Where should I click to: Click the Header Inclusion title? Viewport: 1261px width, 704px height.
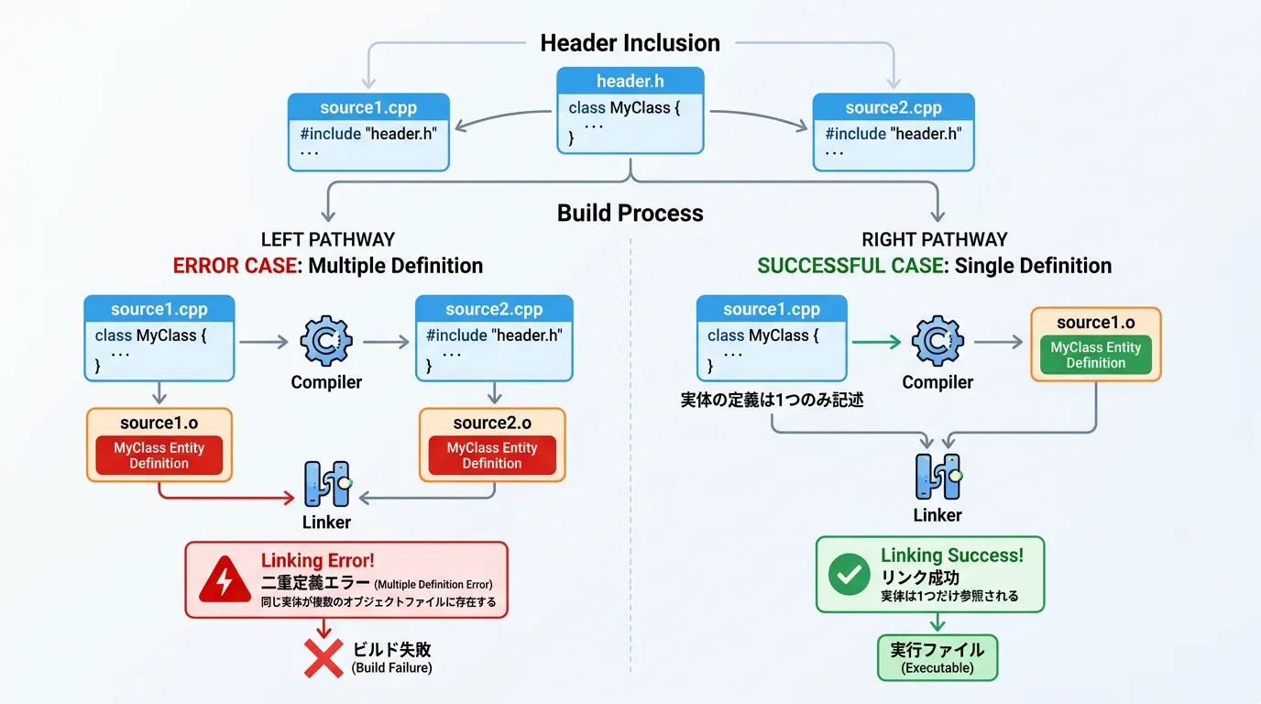click(630, 43)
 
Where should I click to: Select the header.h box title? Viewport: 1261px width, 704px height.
click(630, 82)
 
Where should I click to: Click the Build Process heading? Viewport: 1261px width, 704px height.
click(630, 214)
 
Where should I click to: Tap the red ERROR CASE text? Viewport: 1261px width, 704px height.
click(236, 266)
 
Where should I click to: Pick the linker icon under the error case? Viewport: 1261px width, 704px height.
click(327, 484)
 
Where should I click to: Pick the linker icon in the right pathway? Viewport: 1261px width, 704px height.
click(938, 476)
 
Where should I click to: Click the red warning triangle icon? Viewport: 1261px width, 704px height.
click(223, 579)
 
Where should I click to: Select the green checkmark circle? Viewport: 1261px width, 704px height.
click(849, 575)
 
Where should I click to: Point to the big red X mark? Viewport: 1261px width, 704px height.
click(323, 656)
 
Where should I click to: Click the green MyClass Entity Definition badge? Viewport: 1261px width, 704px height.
click(1095, 355)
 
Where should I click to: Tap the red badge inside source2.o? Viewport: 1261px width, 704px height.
click(492, 456)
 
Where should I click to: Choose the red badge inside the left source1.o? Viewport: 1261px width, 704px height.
click(159, 456)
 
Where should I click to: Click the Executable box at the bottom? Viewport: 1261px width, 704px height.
click(938, 658)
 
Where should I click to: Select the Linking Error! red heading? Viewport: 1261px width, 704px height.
click(317, 561)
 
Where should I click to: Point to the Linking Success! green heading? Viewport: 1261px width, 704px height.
click(952, 555)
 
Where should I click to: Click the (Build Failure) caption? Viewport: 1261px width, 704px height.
click(392, 668)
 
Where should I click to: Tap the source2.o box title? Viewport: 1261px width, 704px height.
click(492, 423)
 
